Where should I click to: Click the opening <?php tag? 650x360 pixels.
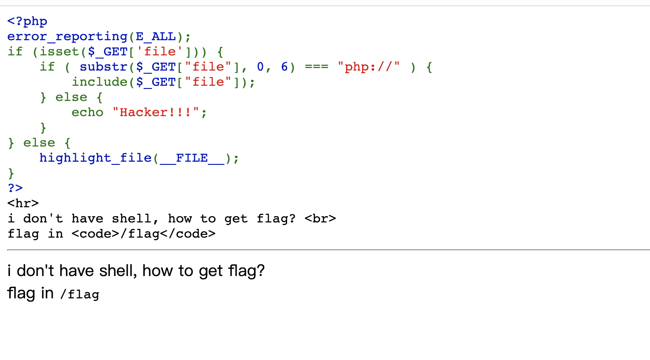point(27,21)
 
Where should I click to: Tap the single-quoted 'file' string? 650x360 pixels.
point(160,51)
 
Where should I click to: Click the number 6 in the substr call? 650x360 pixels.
point(284,67)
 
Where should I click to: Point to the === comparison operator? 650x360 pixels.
point(316,67)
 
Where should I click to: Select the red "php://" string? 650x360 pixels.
point(369,67)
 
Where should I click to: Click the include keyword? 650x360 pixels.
point(100,82)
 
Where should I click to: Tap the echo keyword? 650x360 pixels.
point(87,112)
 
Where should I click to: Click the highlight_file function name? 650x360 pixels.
point(96,158)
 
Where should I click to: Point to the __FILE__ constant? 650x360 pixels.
point(192,158)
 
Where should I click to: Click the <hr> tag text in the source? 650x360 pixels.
point(23,203)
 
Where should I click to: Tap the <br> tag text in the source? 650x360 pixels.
point(320,218)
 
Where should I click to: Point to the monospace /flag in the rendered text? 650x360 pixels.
point(79,295)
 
